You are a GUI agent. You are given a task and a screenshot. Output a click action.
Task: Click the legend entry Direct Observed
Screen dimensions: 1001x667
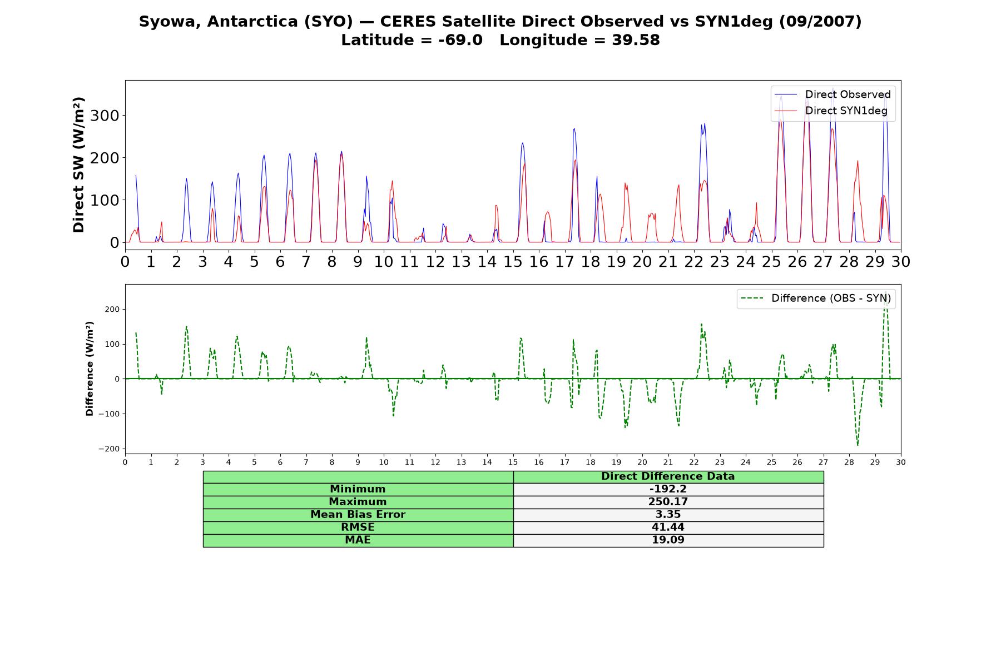[x=832, y=94]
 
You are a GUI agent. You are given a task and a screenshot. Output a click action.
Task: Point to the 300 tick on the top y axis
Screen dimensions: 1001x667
[x=106, y=116]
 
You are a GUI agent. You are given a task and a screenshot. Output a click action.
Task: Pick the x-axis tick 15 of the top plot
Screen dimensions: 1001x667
[x=513, y=261]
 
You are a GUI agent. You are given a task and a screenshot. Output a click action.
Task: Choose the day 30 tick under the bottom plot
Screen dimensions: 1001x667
[x=901, y=462]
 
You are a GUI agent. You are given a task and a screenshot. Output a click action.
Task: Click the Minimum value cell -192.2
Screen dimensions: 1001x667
[x=668, y=489]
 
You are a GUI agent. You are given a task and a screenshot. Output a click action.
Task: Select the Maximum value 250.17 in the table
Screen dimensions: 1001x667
[x=668, y=502]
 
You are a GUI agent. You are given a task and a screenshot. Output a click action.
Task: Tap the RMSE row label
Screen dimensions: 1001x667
[x=358, y=527]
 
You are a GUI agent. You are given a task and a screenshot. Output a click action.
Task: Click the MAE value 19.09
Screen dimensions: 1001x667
[x=668, y=540]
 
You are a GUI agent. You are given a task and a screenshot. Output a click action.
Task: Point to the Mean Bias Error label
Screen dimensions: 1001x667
[x=358, y=515]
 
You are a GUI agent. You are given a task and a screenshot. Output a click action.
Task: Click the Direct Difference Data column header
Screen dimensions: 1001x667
[x=668, y=476]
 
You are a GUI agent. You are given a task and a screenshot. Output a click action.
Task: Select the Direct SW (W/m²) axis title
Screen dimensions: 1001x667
[x=78, y=165]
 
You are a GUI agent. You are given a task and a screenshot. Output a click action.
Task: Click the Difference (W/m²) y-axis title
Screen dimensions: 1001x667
[x=90, y=369]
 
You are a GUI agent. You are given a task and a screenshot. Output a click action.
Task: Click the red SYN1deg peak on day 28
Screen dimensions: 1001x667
[x=858, y=161]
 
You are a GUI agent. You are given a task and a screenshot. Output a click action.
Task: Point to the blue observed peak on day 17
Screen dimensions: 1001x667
[x=574, y=128]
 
